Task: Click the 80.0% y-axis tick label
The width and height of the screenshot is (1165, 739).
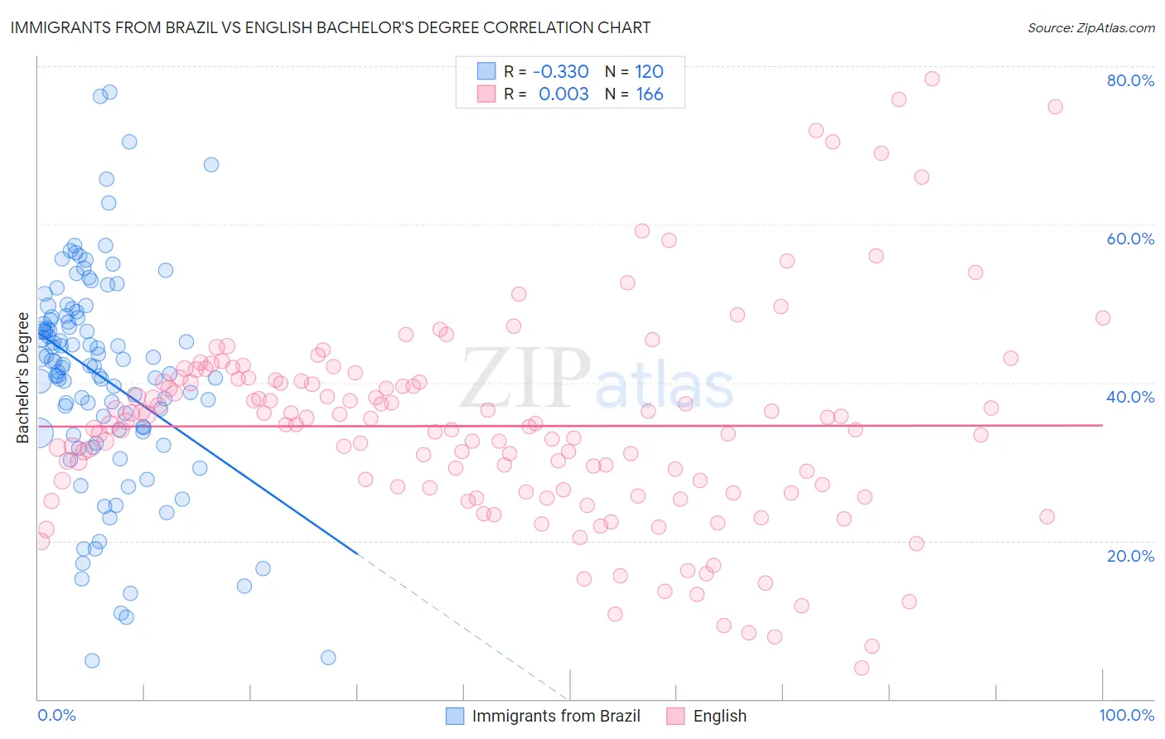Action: coord(1130,80)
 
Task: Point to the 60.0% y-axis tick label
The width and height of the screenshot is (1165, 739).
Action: coord(1130,239)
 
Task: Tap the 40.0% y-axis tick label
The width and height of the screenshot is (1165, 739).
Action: coord(1130,397)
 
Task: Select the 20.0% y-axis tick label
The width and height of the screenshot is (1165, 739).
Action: coord(1130,555)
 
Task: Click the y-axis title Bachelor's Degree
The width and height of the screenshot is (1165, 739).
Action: coord(22,378)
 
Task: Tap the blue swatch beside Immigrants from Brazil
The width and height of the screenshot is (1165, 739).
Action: coord(455,716)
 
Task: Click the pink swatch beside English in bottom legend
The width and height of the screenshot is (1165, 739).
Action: coord(676,716)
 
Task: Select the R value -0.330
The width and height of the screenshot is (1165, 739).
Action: coord(561,72)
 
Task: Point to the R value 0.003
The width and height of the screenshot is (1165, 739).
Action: coord(563,94)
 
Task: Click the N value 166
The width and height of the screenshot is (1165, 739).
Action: coord(650,94)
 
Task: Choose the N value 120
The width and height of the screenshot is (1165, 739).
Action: coord(650,72)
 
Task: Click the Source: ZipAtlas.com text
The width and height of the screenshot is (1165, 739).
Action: coord(1090,28)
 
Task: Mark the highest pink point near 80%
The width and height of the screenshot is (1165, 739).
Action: coord(931,79)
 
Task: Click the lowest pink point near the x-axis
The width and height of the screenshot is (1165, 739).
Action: coord(862,668)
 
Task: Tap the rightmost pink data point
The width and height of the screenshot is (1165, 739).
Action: coord(1102,318)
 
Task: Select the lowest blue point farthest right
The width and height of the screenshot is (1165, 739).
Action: coord(328,658)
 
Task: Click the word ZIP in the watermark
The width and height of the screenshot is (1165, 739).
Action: coord(525,379)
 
